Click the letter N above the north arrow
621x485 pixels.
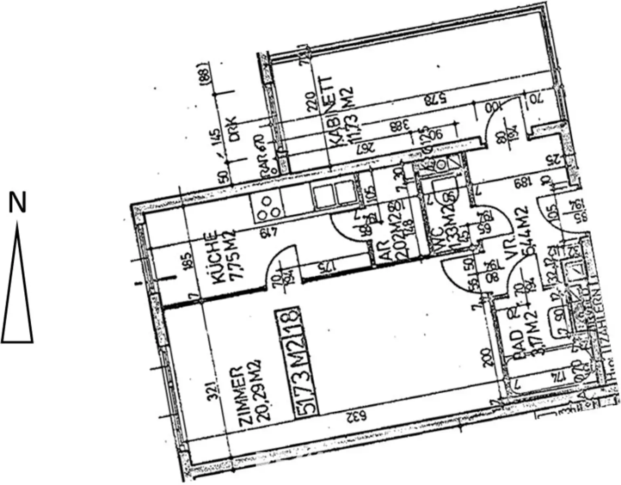(x=17, y=203)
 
